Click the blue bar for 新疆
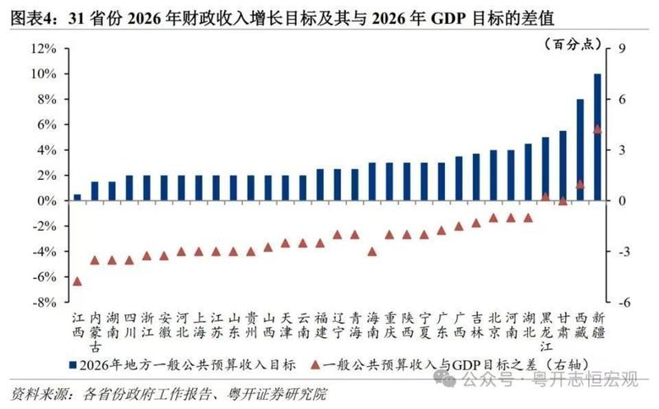[597, 137]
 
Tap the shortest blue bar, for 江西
[77, 197]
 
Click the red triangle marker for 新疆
[597, 129]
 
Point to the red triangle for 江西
[77, 281]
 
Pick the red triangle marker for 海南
[372, 252]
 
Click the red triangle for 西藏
[580, 184]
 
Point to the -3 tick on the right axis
[622, 252]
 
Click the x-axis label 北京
[493, 325]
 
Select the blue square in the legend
[74, 364]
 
